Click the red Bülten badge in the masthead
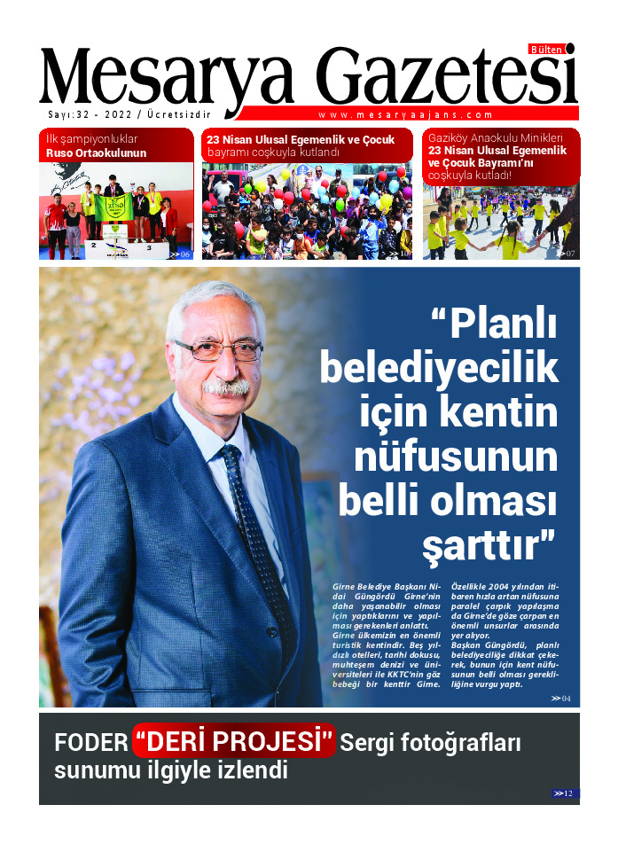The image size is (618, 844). pos(546,50)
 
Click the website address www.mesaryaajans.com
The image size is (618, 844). pos(405,114)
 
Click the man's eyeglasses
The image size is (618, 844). pos(217,348)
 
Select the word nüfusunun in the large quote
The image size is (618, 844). pos(456,457)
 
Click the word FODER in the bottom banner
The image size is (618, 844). pos(90,742)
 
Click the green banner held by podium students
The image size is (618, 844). pos(115,207)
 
